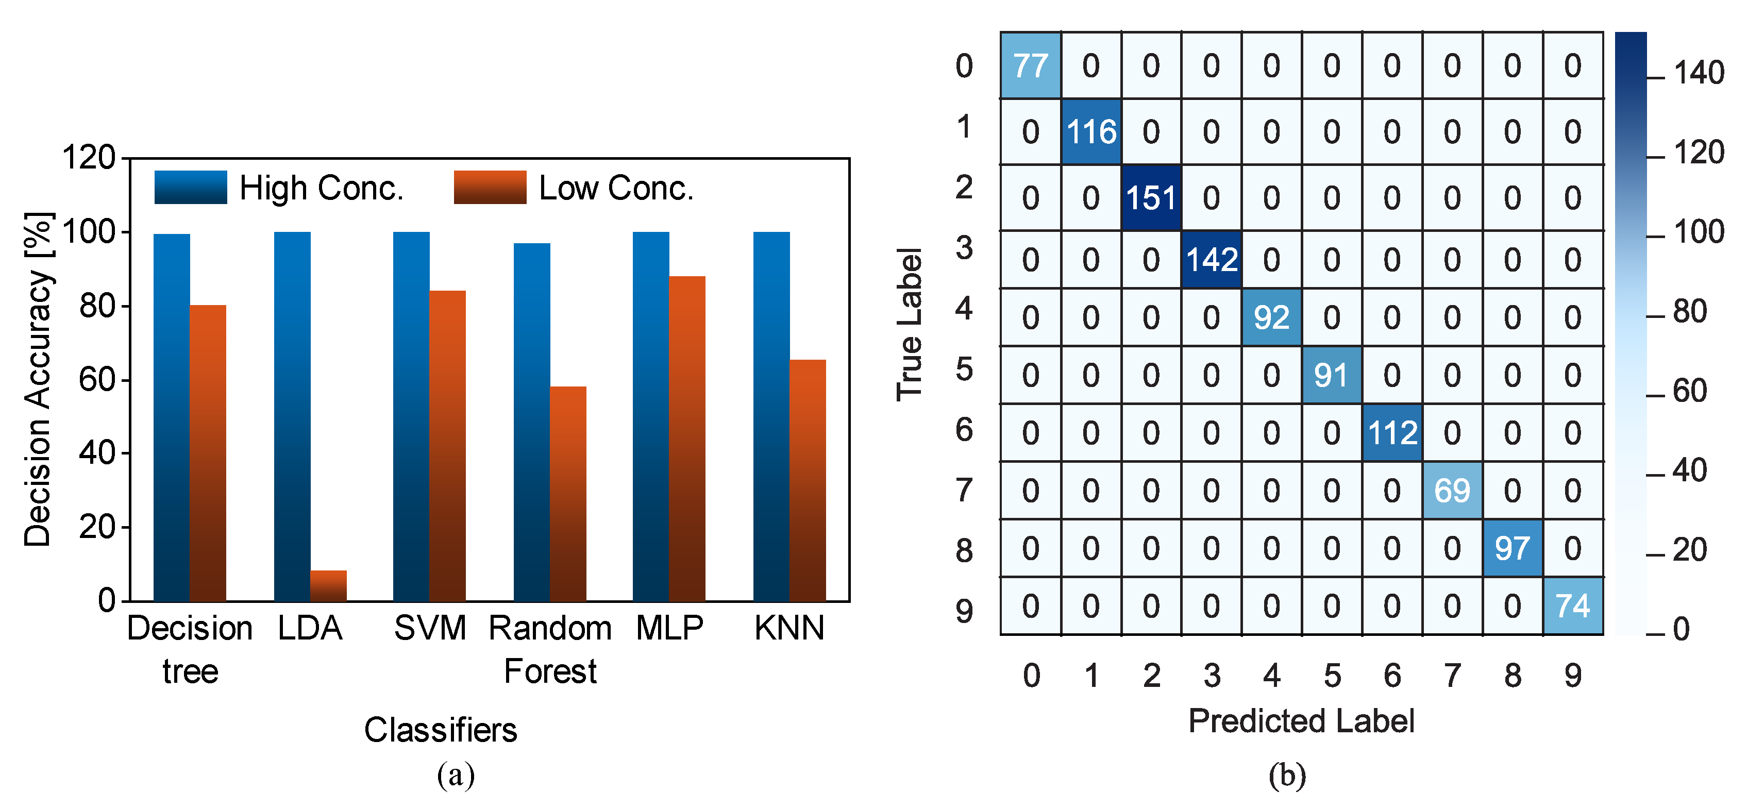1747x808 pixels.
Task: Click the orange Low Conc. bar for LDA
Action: pyautogui.click(x=328, y=585)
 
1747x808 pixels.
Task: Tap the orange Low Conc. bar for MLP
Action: pyautogui.click(x=687, y=438)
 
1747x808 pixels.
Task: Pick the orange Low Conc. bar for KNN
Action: pyautogui.click(x=808, y=480)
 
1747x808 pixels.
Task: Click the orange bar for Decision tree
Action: pyautogui.click(x=208, y=453)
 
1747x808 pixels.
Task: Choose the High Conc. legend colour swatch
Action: pyautogui.click(x=191, y=187)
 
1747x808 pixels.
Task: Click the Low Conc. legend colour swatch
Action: pyautogui.click(x=490, y=187)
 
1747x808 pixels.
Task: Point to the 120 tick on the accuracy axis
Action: pyautogui.click(x=89, y=158)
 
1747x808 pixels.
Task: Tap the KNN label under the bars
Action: pyautogui.click(x=789, y=628)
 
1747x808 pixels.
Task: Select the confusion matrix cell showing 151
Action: pyautogui.click(x=1151, y=198)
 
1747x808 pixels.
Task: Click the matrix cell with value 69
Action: pyautogui.click(x=1452, y=491)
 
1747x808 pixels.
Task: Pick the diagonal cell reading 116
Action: pyautogui.click(x=1090, y=131)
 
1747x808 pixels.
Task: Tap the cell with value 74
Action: pyautogui.click(x=1573, y=606)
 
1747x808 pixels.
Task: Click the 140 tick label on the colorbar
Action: pyautogui.click(x=1698, y=73)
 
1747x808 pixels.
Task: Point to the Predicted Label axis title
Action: pyautogui.click(x=1301, y=720)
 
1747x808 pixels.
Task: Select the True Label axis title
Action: pyautogui.click(x=910, y=324)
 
